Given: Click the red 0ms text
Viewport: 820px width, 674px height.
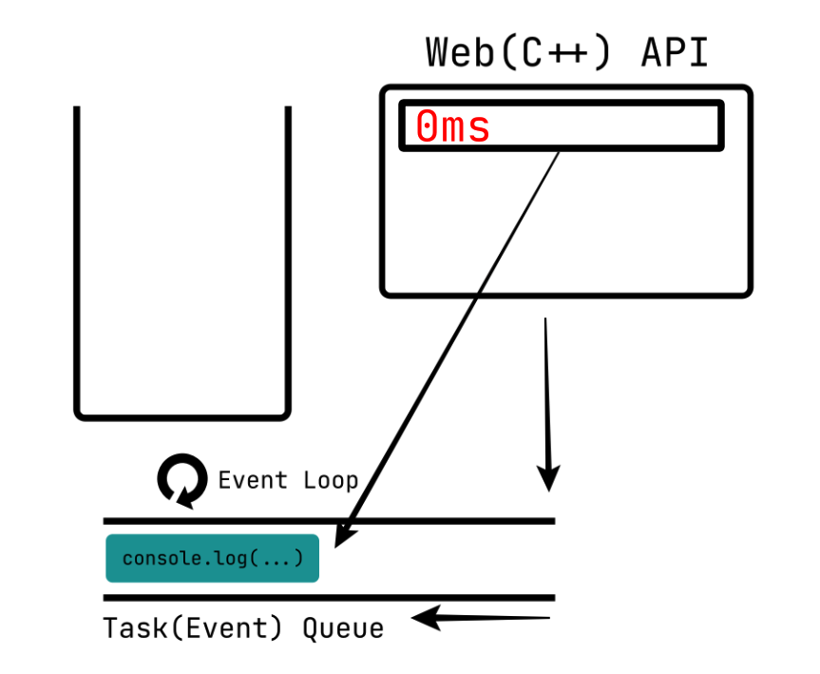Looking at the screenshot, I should [452, 127].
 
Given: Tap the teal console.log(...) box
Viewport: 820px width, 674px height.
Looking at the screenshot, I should [212, 558].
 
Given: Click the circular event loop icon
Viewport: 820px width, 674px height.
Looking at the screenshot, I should [181, 480].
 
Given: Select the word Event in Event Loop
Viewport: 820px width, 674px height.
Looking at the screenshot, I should [253, 480].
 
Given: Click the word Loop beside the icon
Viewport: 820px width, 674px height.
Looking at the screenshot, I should [331, 480].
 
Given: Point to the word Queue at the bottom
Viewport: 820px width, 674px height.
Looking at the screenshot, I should [343, 628].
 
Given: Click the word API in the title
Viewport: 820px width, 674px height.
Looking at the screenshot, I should [674, 52].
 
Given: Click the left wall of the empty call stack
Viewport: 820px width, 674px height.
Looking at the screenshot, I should [77, 257].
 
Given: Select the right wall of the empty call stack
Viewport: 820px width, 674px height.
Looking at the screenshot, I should [287, 257].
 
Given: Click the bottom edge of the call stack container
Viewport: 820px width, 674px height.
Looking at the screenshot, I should [181, 416].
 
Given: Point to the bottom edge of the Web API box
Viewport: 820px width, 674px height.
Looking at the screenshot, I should [566, 294].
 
